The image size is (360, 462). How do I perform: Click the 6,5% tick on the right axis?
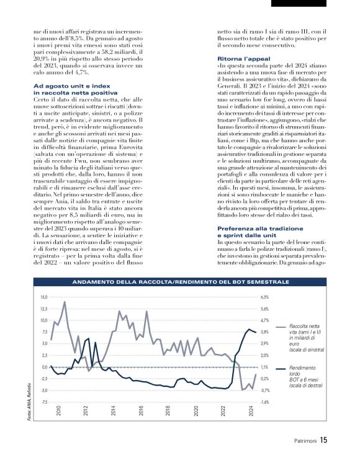click(x=264, y=297)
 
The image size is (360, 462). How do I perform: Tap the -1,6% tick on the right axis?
click(x=264, y=402)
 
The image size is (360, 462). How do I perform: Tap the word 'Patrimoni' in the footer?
click(x=304, y=442)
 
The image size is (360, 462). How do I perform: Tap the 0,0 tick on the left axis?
click(x=44, y=367)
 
